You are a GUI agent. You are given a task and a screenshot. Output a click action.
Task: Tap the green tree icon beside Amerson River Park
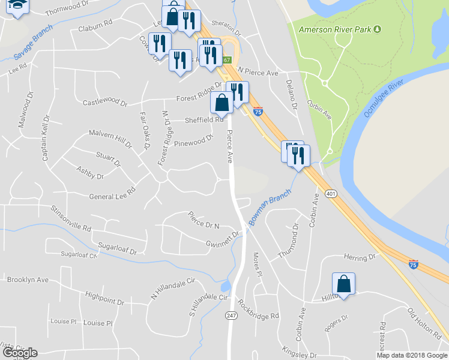click(377, 29)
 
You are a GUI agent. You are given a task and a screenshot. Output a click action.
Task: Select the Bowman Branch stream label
click(270, 207)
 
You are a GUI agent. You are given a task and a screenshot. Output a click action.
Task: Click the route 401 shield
click(330, 194)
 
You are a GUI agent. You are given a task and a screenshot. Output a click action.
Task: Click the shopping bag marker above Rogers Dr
click(343, 283)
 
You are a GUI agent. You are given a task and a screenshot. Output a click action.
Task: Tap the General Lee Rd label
click(112, 193)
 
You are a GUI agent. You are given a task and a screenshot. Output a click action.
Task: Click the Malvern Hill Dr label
click(110, 137)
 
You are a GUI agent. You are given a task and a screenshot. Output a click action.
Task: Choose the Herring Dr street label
click(359, 257)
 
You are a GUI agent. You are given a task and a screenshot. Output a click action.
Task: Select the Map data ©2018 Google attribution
click(411, 355)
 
